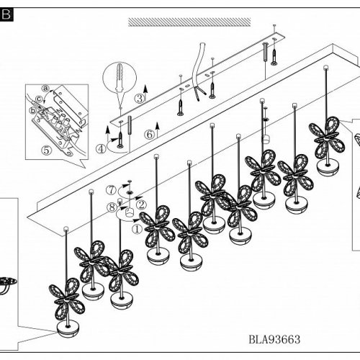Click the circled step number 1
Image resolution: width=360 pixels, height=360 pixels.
point(137,229)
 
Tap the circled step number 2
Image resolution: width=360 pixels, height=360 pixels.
point(141,204)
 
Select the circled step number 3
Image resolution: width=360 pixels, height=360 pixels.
point(140,98)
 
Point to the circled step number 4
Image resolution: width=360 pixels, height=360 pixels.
point(101,149)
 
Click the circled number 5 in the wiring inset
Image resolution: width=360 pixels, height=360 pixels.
point(46,150)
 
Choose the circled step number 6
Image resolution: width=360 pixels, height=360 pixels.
point(149,135)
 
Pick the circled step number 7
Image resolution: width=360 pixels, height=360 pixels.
point(111,190)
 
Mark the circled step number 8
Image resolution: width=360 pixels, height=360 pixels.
point(112,207)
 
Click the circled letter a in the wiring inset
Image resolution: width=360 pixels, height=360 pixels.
point(45,89)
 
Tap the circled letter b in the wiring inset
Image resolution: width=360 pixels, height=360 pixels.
point(32,111)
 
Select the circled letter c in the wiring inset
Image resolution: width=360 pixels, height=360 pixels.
point(39,99)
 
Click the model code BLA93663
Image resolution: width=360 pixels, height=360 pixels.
point(274,339)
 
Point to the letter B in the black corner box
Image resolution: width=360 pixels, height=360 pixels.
point(6,14)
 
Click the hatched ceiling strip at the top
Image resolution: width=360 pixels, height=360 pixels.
point(189,22)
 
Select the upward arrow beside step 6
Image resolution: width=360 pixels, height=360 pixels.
point(157,130)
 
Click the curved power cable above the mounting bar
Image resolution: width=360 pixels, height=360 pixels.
point(199,72)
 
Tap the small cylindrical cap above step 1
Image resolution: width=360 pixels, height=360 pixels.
point(130,212)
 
